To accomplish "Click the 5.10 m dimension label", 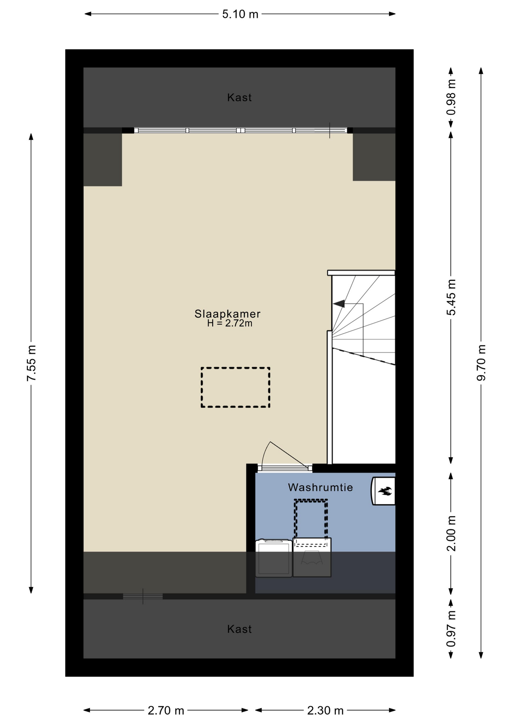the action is pos(240,14).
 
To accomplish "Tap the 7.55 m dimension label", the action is pos(32,363).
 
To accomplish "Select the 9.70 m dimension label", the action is pos(481,363).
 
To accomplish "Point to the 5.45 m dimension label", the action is pos(451,297).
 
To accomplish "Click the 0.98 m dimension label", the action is pos(451,97).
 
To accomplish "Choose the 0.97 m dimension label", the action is pos(451,629).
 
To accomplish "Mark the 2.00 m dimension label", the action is pos(451,533).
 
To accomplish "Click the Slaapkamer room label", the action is pos(227,314).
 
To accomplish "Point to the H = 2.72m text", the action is pos(230,323).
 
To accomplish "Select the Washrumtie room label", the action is pos(320,487).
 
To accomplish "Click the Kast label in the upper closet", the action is pos(239,98).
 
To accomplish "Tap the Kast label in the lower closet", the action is pos(239,629).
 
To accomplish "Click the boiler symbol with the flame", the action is pos(383,491).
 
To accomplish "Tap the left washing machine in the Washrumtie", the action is pos(274,558).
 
